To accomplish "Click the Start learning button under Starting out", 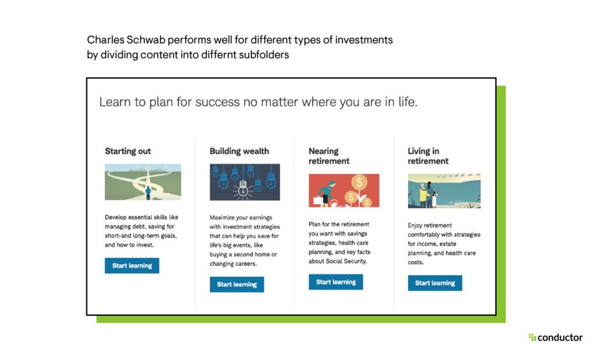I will click(132, 266).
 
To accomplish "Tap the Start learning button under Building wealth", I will click(237, 284).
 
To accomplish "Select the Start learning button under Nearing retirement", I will click(336, 282).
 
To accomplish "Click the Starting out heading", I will click(127, 151).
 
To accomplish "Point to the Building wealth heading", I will click(239, 151).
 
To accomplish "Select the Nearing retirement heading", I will click(329, 156).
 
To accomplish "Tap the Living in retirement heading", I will click(428, 156).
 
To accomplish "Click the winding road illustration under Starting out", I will click(143, 182).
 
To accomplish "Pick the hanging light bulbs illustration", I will click(244, 182).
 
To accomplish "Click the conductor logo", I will click(555, 338).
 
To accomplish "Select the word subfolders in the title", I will click(264, 54).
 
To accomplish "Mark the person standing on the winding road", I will click(148, 192).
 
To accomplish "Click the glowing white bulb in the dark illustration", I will click(244, 187).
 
